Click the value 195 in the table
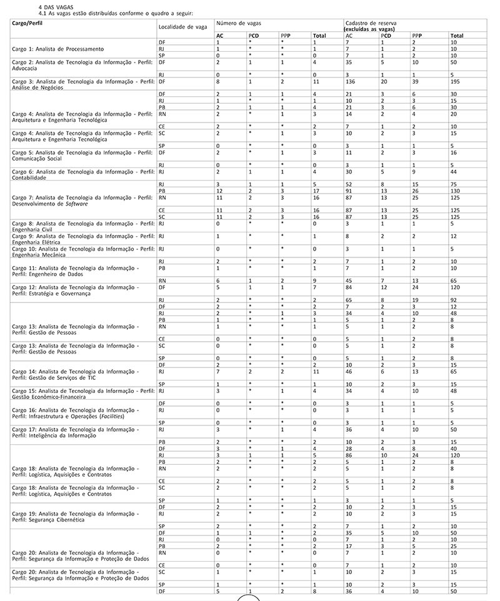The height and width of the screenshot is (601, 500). click(456, 81)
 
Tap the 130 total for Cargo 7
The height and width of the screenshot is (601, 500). click(456, 191)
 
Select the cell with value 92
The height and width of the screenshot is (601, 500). click(454, 300)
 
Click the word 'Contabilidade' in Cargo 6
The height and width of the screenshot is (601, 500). click(31, 177)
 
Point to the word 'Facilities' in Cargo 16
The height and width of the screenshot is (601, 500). click(123, 415)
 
